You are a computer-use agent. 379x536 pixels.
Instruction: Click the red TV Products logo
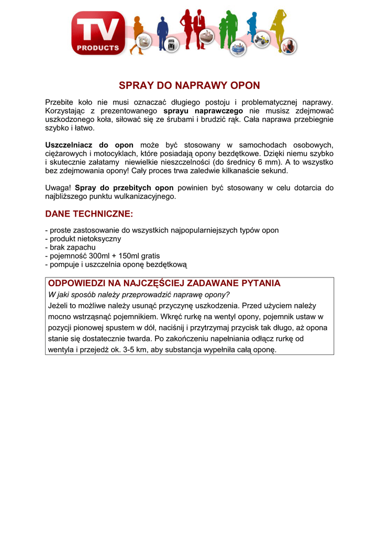(98, 33)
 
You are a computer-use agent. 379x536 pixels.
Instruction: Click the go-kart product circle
(261, 42)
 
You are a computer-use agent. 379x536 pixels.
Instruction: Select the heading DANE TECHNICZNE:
(90, 214)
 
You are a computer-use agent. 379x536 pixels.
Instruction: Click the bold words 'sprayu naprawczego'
(203, 111)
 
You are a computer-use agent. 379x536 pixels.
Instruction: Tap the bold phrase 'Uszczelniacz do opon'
(90, 145)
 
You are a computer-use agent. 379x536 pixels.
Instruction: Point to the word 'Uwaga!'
(58, 188)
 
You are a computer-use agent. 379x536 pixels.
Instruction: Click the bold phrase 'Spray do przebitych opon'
(124, 188)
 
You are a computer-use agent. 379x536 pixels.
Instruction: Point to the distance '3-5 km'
(134, 350)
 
